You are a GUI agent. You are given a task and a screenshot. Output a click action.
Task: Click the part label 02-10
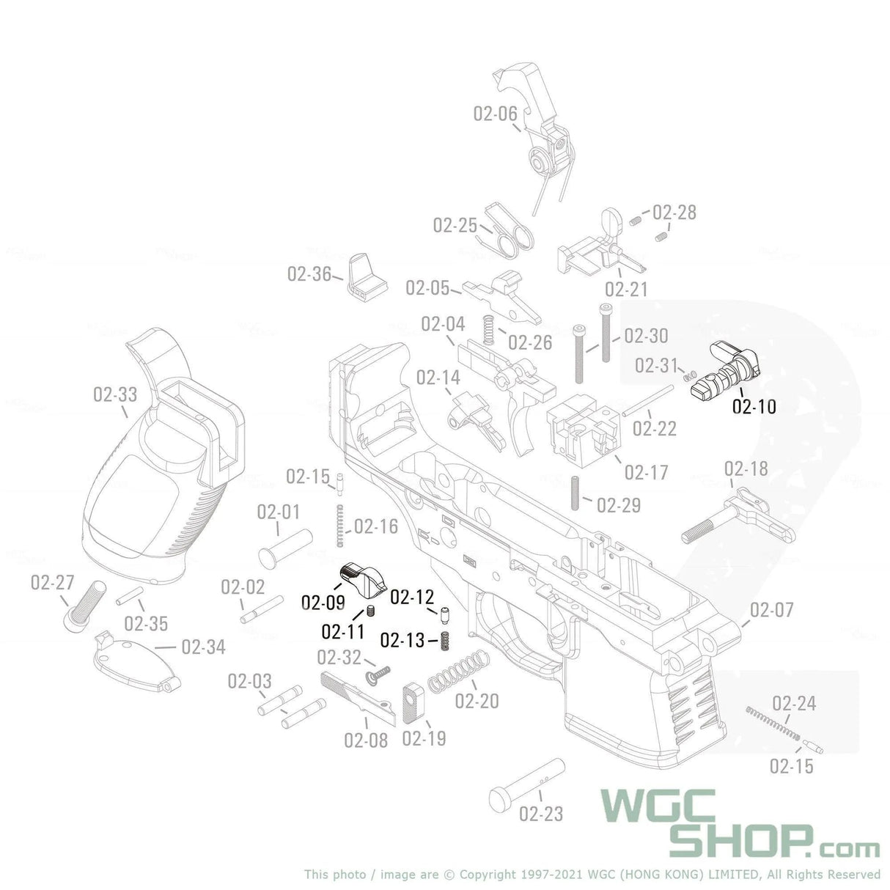pos(754,405)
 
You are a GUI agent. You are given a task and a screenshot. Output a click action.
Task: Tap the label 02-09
pos(323,603)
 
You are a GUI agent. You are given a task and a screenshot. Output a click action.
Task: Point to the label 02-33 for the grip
pos(115,395)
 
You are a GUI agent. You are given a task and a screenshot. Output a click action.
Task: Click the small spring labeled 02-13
pos(444,641)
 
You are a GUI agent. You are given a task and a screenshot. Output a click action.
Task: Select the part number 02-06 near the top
pos(495,114)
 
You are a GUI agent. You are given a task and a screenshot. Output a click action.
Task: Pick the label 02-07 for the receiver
pos(771,610)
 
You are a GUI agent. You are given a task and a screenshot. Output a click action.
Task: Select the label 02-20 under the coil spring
pos(477,702)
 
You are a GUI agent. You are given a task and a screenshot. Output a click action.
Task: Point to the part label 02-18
pos(746,468)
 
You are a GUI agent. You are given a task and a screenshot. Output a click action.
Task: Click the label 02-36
pos(309,274)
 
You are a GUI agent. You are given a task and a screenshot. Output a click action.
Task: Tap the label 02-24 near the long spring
pos(794,704)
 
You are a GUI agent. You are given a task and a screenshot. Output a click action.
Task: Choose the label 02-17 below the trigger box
pos(646,472)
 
